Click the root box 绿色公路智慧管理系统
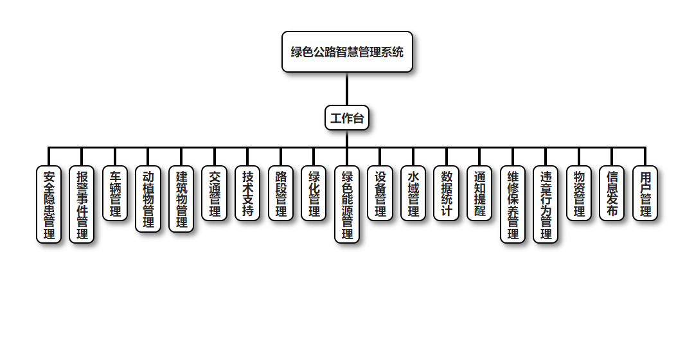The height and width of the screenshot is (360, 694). tap(347, 52)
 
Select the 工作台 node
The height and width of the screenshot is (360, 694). tap(347, 118)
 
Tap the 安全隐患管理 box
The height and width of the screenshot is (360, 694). tap(49, 204)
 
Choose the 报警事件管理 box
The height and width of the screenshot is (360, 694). tap(82, 204)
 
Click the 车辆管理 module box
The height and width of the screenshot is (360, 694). tap(116, 193)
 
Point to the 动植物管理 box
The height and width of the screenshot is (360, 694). tap(148, 199)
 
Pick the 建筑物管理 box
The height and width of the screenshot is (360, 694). tap(182, 199)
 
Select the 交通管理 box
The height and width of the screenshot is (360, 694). tap(215, 193)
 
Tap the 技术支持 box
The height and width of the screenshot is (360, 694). tap(248, 193)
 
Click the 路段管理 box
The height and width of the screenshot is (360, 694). tap(281, 193)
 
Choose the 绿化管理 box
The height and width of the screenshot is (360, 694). tap(314, 193)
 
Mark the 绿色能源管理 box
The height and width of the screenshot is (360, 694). tap(347, 204)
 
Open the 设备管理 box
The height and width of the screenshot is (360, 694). tap(380, 193)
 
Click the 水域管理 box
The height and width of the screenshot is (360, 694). tap(413, 193)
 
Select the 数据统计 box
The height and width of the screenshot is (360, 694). tap(447, 193)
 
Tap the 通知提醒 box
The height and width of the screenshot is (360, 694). tap(479, 193)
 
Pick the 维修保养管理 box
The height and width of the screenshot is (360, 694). tap(513, 204)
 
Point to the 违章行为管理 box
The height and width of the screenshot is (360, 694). tap(546, 204)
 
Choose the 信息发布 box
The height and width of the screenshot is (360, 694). tap(612, 193)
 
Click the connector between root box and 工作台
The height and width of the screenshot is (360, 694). tap(347, 89)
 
